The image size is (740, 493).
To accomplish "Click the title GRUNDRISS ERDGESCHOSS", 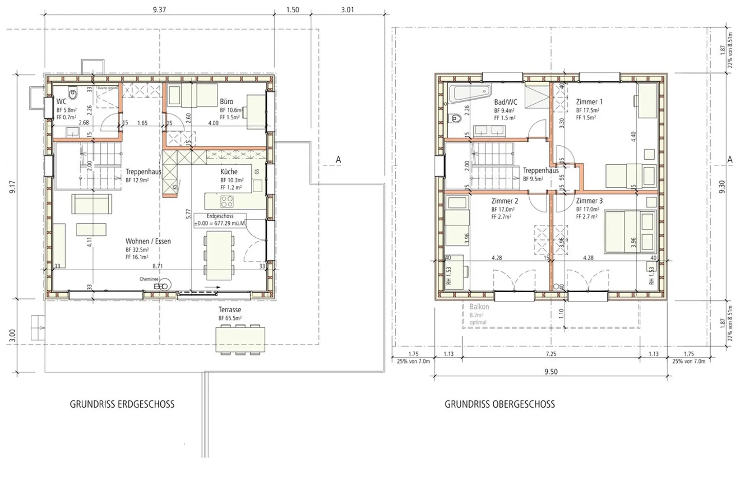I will tap(122, 404).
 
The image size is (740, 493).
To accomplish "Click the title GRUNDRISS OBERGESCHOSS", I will tap(499, 404).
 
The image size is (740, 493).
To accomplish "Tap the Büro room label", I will tap(227, 102).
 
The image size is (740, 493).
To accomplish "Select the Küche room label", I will tap(229, 172).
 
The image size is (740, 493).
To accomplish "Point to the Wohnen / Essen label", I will tap(148, 241).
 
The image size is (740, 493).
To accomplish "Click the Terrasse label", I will tap(229, 310).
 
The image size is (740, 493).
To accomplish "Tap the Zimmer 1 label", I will tap(589, 102).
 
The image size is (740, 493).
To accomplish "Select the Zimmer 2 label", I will tap(504, 201).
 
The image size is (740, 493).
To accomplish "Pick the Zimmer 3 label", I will tap(589, 201).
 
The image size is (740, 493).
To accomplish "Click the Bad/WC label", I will tap(506, 102).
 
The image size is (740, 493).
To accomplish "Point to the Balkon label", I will tap(479, 307).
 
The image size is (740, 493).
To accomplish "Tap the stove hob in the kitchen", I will tap(227, 201).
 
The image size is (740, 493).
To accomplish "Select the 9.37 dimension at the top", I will tap(159, 10).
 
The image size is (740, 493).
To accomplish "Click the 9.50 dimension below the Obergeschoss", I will tap(550, 372).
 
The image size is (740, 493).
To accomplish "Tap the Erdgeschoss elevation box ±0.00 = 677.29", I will tap(220, 220).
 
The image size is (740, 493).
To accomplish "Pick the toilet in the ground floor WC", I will tap(73, 95).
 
